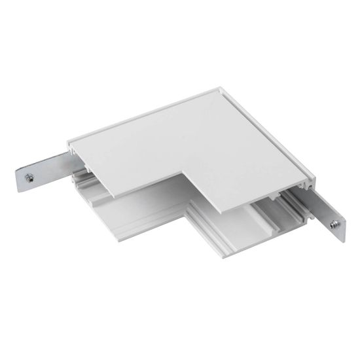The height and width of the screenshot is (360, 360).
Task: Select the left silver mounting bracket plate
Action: coord(41,171)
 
